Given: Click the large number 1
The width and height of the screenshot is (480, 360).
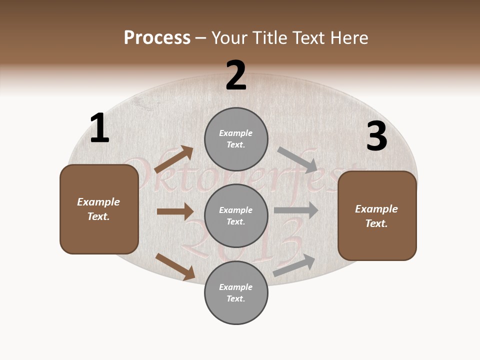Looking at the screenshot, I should point(99,128).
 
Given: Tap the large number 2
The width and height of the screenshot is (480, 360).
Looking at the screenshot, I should point(236,75).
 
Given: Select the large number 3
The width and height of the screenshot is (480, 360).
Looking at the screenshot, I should point(376,136).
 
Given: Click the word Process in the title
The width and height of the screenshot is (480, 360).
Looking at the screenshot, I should point(157,37).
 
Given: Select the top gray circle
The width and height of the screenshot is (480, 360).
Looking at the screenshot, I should point(236,139).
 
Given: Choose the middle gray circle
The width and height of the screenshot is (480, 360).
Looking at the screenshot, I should point(236,215).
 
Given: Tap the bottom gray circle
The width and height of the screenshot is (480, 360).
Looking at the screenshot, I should point(236,292).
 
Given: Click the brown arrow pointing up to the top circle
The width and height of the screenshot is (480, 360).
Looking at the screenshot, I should point(173,159).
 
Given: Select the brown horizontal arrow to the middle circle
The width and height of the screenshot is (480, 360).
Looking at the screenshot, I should point(175,211).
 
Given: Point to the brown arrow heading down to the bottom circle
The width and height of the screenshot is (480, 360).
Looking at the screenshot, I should point(175,266).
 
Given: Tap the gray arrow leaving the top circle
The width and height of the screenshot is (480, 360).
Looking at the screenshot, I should point(297,159).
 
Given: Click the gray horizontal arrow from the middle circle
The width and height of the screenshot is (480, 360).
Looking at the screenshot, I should point(296,210).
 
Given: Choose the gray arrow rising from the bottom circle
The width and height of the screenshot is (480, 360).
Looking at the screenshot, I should point(294,265).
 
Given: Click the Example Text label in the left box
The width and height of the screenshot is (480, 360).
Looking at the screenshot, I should point(98,209).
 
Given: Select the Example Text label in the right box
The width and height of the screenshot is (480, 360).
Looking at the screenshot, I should point(376,216).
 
